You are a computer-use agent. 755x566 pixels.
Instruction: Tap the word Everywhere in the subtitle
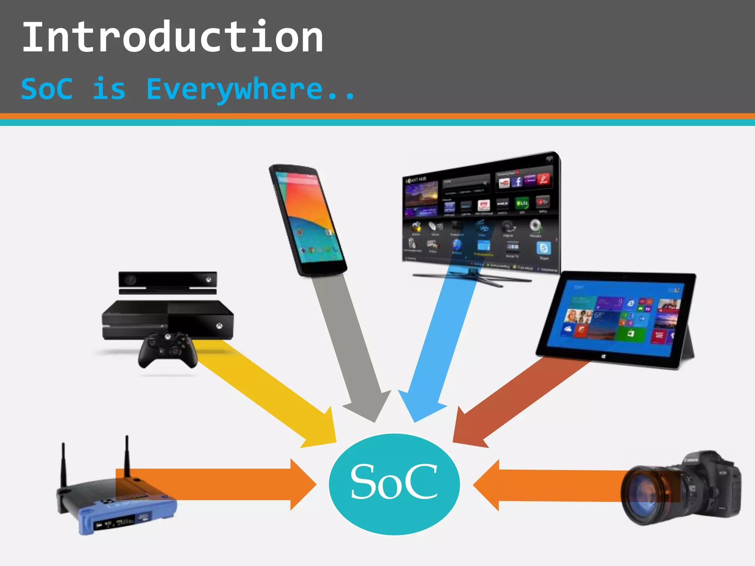[x=234, y=89]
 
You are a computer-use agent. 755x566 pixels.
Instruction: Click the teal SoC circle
[x=394, y=483]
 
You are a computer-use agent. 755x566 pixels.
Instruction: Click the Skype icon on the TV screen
[x=543, y=248]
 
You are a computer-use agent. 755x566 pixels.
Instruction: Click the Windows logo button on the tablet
[x=603, y=357]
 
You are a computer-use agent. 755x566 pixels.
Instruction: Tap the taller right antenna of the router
[x=127, y=457]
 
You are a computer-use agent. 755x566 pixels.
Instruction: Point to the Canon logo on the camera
[x=690, y=460]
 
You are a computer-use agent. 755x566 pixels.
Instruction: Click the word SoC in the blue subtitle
[x=47, y=89]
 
